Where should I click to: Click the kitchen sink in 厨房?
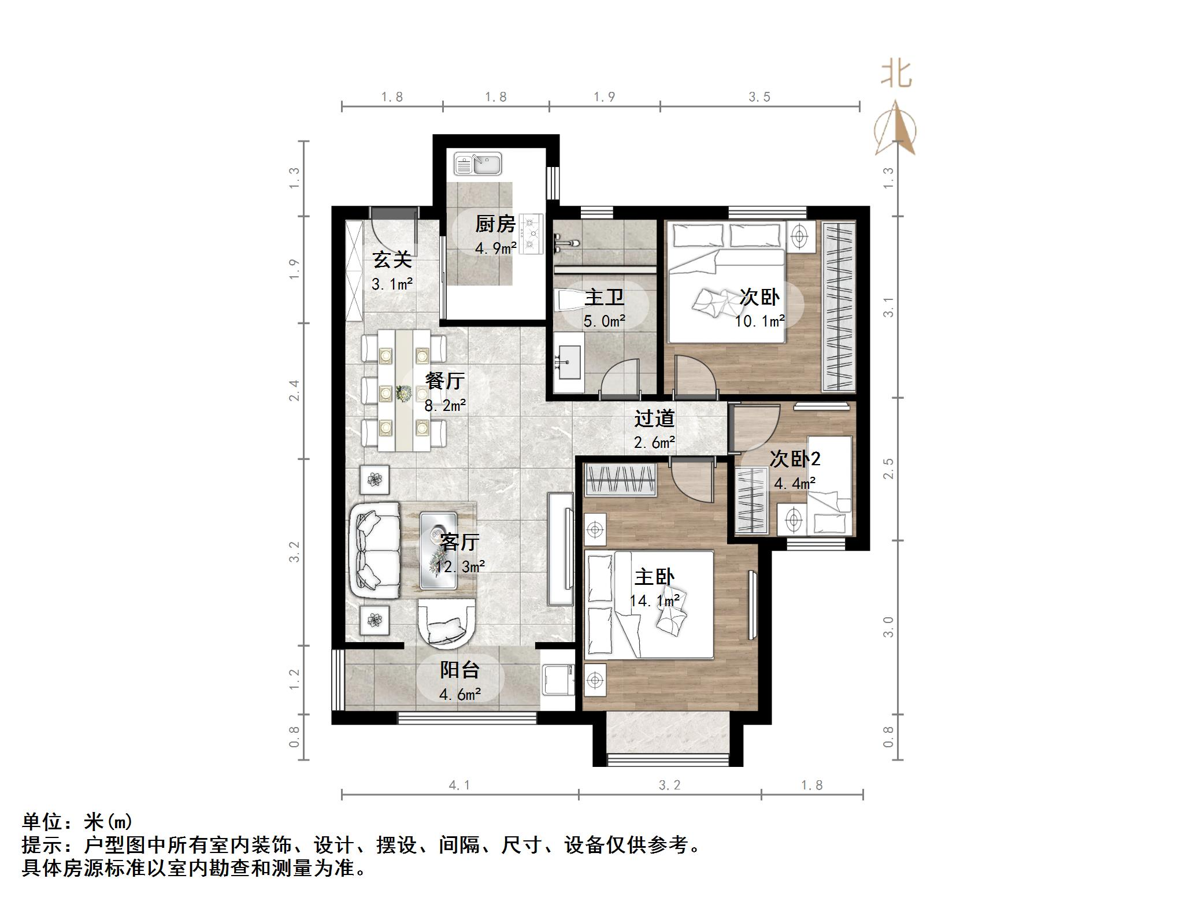478,164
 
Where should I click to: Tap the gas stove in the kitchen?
531,233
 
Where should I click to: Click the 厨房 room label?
495,224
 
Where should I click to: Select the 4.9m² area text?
496,249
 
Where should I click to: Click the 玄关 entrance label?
392,260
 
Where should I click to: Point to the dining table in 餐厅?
404,391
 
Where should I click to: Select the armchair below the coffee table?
446,622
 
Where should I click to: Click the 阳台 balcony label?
460,670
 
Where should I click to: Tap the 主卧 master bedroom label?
654,577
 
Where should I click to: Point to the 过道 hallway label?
654,419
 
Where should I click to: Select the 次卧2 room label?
795,459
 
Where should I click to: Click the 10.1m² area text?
759,321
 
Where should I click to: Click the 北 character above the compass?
896,75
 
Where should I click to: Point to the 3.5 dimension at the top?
759,97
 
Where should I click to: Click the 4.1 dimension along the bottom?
459,785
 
